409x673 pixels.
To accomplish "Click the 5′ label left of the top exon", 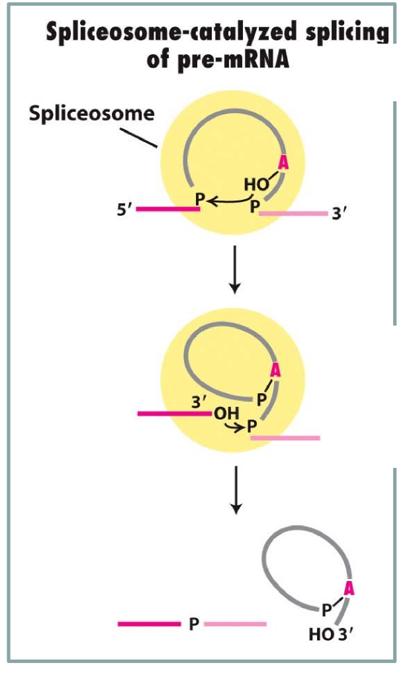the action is (123, 212).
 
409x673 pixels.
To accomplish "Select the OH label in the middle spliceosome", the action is (225, 414).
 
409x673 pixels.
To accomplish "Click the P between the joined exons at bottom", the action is (193, 624).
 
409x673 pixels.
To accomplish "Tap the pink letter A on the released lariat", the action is (350, 586).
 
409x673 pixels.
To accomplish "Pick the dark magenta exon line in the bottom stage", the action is (148, 623).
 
